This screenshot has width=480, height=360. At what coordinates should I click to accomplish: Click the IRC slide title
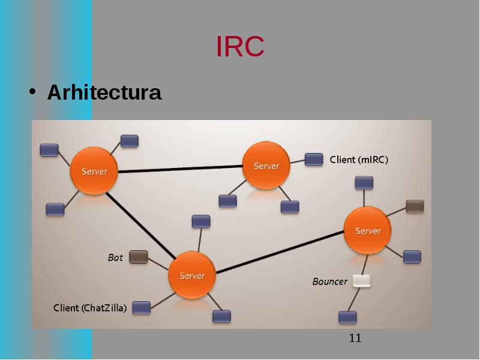240,46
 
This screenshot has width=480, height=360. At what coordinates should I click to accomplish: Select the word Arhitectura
104,92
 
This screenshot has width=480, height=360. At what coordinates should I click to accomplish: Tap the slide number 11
355,338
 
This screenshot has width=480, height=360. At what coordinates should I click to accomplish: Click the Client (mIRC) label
359,160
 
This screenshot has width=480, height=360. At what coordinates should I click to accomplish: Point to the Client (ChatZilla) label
90,308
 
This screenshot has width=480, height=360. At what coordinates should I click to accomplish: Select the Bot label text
115,257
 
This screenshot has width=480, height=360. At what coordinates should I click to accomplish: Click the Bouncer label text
329,281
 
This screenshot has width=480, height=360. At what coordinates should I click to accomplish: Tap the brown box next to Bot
139,257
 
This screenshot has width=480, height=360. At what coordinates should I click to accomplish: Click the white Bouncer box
361,281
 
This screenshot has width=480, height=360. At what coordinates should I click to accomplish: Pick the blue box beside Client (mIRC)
314,160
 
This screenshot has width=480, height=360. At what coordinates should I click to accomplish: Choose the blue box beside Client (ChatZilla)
142,307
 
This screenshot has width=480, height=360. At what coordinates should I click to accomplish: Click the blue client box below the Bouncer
348,317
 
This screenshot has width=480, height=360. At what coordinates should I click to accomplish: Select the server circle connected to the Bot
192,275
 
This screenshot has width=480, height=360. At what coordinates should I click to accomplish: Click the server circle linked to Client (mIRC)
266,166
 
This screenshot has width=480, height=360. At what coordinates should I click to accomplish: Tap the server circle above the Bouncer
368,230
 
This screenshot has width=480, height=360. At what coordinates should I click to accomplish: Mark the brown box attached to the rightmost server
415,206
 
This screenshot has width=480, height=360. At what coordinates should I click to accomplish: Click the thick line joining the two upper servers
181,169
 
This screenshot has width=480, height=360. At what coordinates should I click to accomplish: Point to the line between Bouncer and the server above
365,265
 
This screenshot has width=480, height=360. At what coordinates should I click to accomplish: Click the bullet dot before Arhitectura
32,91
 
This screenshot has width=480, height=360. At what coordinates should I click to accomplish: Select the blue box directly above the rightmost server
364,182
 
